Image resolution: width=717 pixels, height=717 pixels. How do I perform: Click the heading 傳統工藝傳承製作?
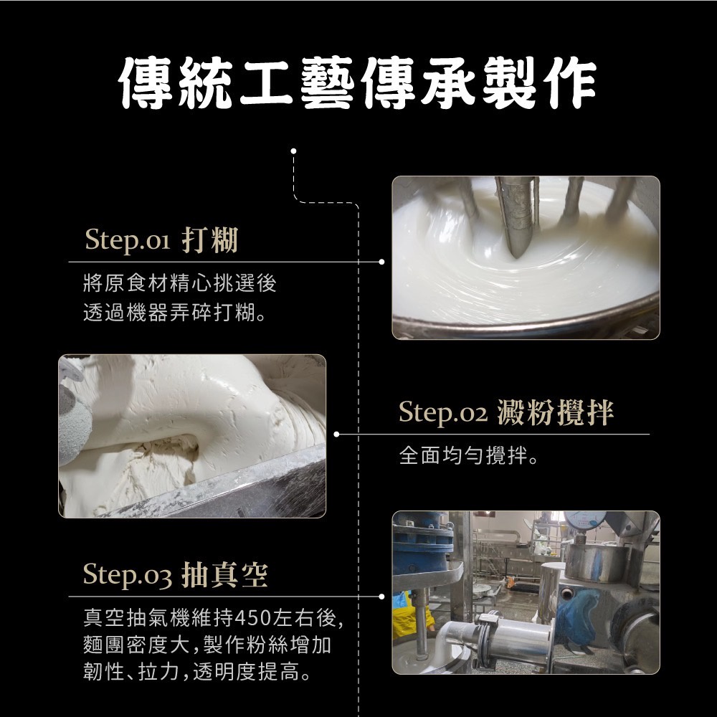pyautogui.click(x=358, y=82)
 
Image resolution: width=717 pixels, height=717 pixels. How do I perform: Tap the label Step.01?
pyautogui.click(x=128, y=239)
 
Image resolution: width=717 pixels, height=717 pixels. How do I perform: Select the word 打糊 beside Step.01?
pyautogui.click(x=210, y=239)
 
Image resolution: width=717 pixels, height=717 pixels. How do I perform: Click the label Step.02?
pyautogui.click(x=443, y=412)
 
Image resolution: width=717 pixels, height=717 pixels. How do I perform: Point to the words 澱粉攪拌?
pyautogui.click(x=555, y=412)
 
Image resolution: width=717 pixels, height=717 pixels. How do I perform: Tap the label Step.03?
pyautogui.click(x=128, y=575)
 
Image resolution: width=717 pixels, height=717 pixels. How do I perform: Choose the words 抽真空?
pyautogui.click(x=224, y=575)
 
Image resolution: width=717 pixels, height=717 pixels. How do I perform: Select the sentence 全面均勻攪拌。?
pyautogui.click(x=469, y=455)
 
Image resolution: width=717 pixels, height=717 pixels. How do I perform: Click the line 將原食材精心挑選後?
pyautogui.click(x=180, y=283)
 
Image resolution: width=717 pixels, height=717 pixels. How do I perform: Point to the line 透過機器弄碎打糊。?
pyautogui.click(x=175, y=313)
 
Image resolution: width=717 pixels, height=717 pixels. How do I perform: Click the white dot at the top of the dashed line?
pyautogui.click(x=293, y=151)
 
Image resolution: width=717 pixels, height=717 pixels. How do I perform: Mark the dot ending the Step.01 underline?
pyautogui.click(x=382, y=262)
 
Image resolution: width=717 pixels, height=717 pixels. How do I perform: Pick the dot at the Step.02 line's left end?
pyautogui.click(x=336, y=434)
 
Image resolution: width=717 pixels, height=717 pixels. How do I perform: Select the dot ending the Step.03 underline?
pyautogui.click(x=382, y=597)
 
